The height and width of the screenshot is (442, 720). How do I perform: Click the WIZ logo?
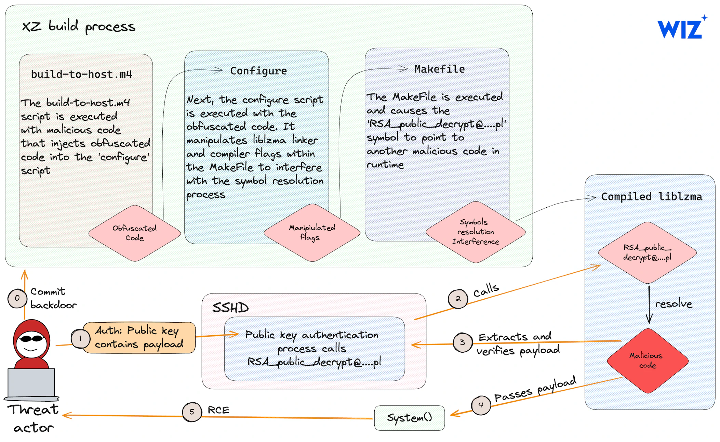(682, 27)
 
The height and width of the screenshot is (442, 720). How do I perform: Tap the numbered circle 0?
(17, 298)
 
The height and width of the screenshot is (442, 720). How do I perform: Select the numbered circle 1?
(81, 339)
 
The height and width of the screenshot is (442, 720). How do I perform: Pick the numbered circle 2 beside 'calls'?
(458, 299)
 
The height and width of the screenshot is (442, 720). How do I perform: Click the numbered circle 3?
(463, 342)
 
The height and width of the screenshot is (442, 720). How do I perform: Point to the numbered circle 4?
(481, 405)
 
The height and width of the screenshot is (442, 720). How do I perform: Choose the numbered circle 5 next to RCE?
(192, 412)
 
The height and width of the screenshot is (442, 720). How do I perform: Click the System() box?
(410, 418)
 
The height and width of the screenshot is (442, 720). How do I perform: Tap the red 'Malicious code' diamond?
(648, 361)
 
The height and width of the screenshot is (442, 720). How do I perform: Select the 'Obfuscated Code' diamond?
(135, 233)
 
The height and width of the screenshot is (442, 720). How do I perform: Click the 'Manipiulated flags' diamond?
(312, 233)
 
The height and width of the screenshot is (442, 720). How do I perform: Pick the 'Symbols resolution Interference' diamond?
(476, 232)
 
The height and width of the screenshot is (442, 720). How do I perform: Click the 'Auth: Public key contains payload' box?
(139, 338)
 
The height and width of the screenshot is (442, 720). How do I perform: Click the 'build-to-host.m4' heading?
(81, 74)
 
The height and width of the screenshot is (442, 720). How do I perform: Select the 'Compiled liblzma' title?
(652, 197)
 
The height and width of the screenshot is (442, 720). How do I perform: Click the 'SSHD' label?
(230, 308)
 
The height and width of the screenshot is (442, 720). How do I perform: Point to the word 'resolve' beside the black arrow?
(674, 303)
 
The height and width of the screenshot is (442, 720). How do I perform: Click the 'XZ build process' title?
(79, 26)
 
